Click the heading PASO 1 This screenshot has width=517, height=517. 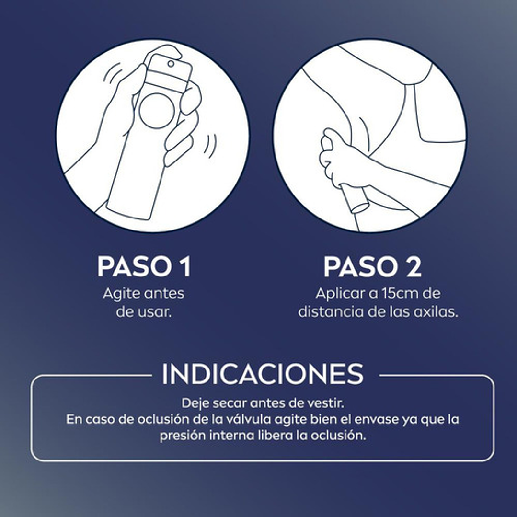tap(144, 266)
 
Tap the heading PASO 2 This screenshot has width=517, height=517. tap(372, 266)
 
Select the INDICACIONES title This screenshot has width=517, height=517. tap(263, 374)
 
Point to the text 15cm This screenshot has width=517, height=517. tap(387, 293)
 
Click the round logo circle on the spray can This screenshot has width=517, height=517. tap(156, 111)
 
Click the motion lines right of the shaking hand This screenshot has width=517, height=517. tap(209, 145)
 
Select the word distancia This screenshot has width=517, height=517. tap(331, 311)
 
